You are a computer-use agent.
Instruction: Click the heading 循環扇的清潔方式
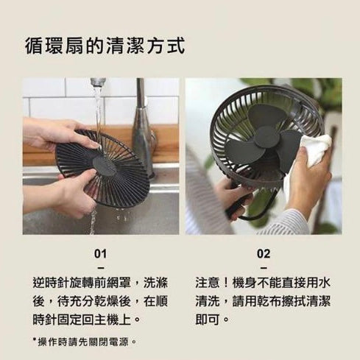click(x=105, y=46)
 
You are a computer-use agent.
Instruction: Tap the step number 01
click(x=100, y=254)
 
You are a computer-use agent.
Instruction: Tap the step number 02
click(x=264, y=254)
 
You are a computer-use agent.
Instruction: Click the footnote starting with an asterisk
click(x=85, y=342)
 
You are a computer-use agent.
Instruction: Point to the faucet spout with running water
click(x=98, y=82)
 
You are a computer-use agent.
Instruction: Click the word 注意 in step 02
click(x=208, y=283)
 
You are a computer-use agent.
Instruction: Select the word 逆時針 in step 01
click(x=51, y=283)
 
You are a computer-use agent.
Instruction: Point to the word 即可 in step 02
click(x=208, y=320)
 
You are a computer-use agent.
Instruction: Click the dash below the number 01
click(x=100, y=268)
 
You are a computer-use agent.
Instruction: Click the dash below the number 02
click(x=264, y=268)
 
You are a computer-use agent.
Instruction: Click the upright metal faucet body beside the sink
click(x=144, y=127)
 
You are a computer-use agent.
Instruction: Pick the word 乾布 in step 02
click(x=269, y=301)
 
